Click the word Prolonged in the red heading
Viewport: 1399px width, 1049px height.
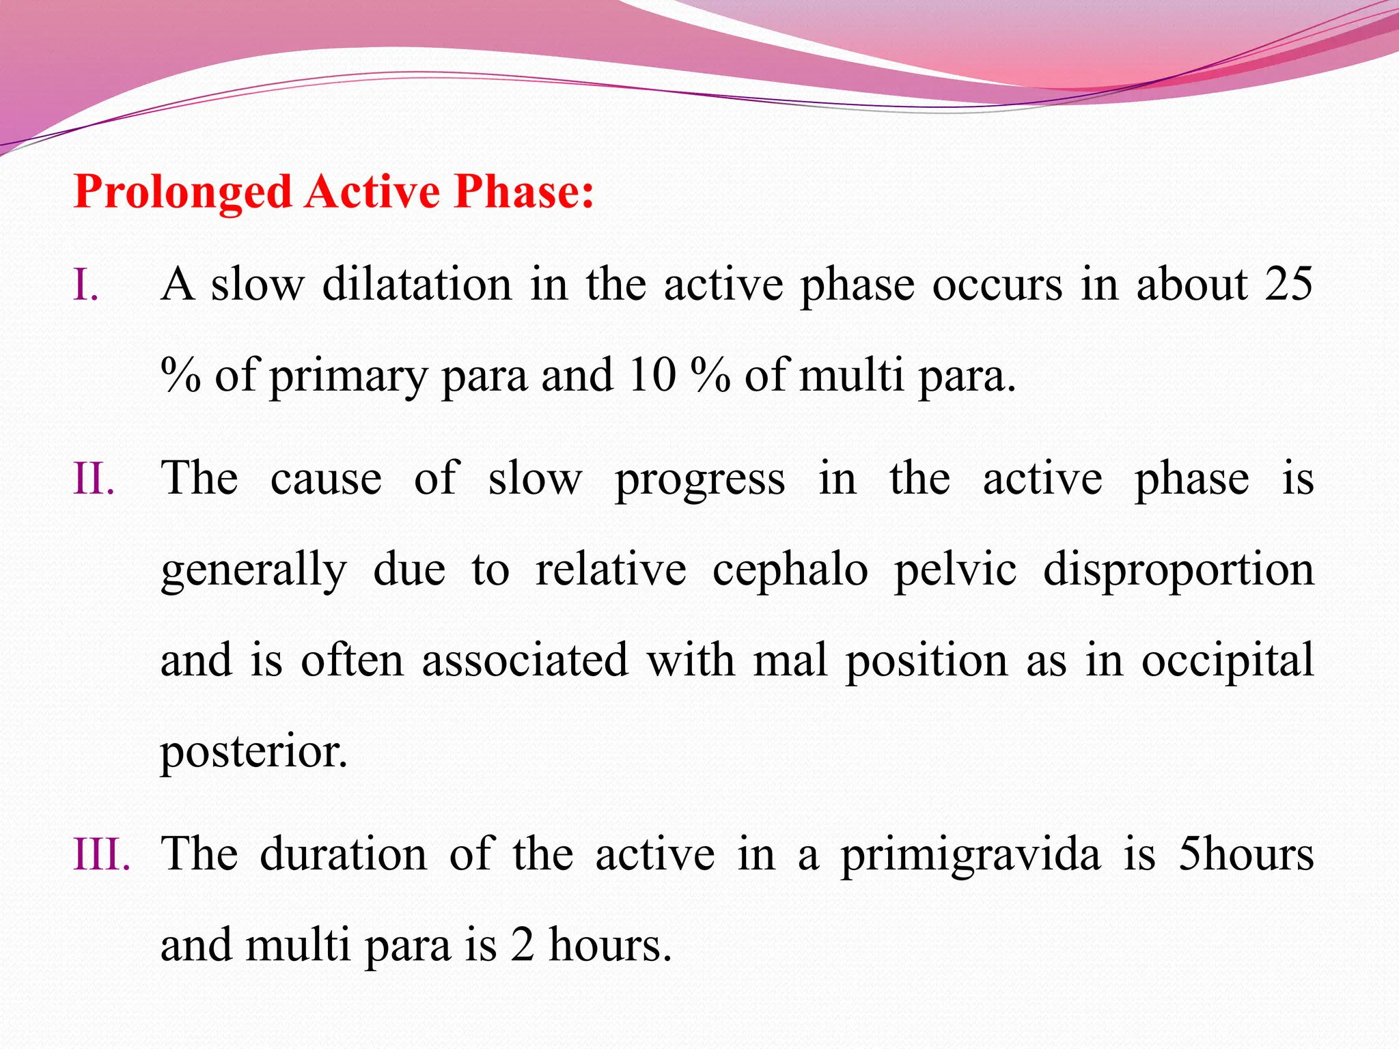(x=183, y=192)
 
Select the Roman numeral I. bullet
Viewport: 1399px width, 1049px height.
(x=86, y=285)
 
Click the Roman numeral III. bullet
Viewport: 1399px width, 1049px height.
(x=102, y=854)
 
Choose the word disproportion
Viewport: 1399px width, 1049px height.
(x=1178, y=570)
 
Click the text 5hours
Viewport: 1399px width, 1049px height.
(x=1246, y=854)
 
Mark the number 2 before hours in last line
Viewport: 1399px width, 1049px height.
(x=522, y=946)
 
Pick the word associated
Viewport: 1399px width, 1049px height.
(x=525, y=660)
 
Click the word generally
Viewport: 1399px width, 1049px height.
(x=253, y=570)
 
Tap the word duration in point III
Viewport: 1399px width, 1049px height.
(x=344, y=854)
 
